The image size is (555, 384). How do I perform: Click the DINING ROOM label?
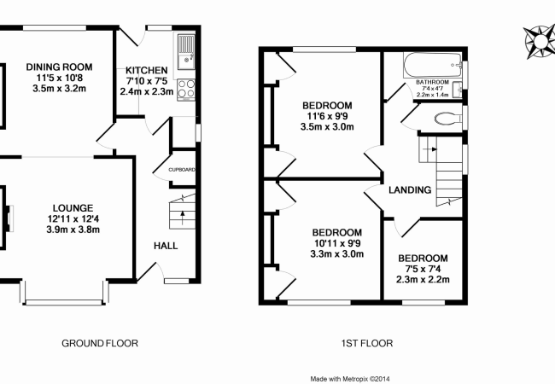[59, 67]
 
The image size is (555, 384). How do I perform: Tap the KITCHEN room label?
[147, 70]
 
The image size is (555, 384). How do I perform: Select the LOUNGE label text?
[73, 208]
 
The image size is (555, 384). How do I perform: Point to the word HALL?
[166, 246]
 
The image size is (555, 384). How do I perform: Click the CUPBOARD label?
[182, 170]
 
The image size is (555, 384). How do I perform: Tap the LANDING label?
[410, 190]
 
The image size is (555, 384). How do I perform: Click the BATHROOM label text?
[432, 82]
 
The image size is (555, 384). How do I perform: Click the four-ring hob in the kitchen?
[186, 89]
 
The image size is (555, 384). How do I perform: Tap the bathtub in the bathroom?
[433, 65]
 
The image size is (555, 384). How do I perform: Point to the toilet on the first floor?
[447, 119]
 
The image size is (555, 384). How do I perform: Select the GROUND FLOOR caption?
[100, 343]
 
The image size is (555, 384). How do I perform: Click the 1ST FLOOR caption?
[367, 343]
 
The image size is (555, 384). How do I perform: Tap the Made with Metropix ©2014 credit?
[350, 379]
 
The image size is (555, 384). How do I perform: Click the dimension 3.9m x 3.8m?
[73, 230]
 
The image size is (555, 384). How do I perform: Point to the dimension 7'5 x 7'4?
[423, 269]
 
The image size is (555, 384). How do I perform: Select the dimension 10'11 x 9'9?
[337, 243]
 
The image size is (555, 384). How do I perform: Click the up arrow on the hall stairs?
[183, 218]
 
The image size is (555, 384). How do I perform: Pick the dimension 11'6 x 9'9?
[327, 116]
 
